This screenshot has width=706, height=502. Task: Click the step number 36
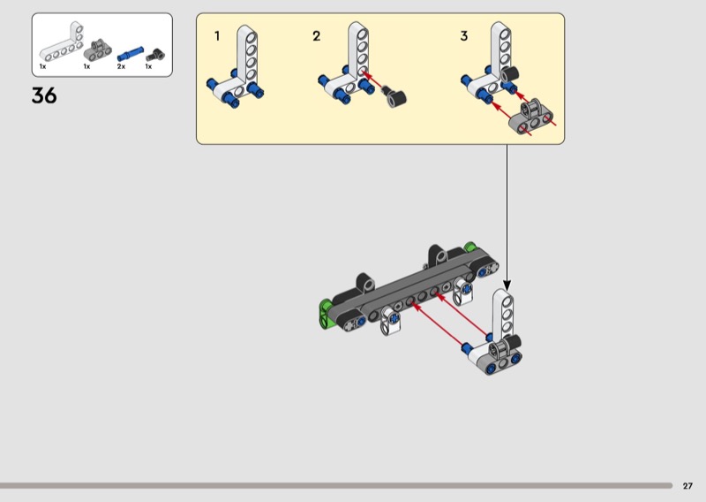pos(44,96)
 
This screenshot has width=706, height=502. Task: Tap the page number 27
pos(687,485)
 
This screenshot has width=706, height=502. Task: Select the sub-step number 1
pos(217,36)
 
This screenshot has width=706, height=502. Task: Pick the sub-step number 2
pos(317,36)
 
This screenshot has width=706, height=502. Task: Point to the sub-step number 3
pos(464,36)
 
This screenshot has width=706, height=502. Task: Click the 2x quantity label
pos(122,66)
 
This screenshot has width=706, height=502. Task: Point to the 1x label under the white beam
pos(42,66)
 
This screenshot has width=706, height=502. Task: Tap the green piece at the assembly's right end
pos(470,247)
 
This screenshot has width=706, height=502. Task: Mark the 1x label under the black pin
pos(148,66)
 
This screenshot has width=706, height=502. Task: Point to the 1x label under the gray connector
pos(86,66)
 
